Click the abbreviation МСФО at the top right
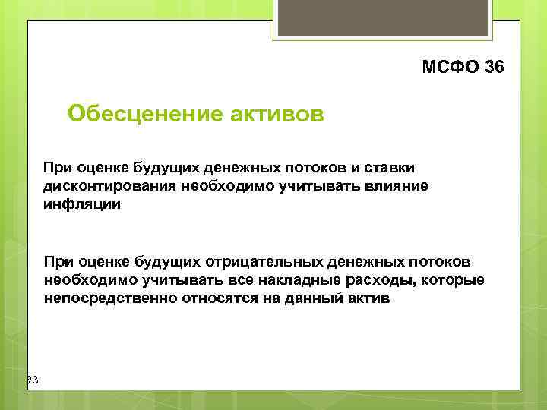click(450, 68)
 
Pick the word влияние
click(395, 186)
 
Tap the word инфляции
click(82, 205)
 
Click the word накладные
click(286, 281)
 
